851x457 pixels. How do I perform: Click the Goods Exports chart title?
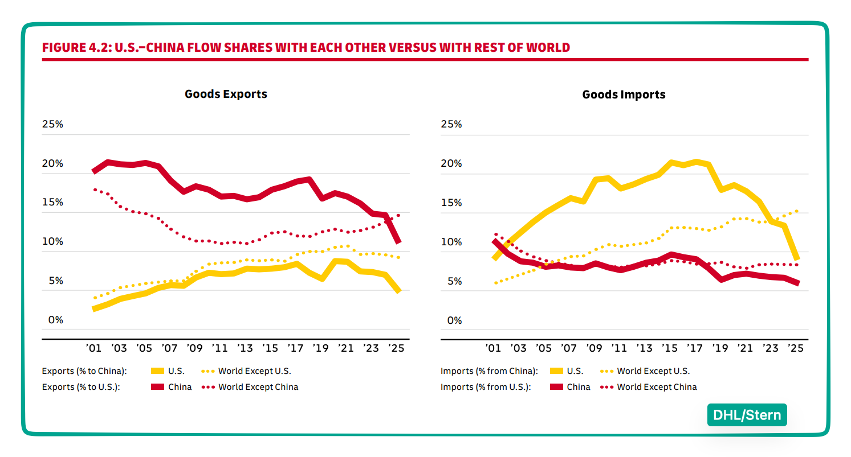tap(226, 94)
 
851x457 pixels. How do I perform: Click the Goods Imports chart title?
tap(624, 95)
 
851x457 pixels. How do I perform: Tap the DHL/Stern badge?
tap(747, 415)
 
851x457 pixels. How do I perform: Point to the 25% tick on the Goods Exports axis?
tap(52, 125)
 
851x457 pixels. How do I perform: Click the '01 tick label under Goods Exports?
tap(93, 348)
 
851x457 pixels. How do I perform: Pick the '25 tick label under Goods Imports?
tap(796, 348)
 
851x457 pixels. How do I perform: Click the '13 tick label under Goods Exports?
tap(245, 348)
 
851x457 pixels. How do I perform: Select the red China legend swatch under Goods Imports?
tap(556, 387)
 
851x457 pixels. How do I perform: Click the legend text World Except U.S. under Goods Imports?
tap(653, 371)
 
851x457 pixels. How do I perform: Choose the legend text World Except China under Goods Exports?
tap(258, 387)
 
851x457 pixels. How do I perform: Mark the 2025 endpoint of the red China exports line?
tap(398, 241)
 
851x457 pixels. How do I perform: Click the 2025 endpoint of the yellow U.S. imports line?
tap(796, 258)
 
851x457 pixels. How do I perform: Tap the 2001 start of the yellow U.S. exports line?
tap(94, 309)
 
